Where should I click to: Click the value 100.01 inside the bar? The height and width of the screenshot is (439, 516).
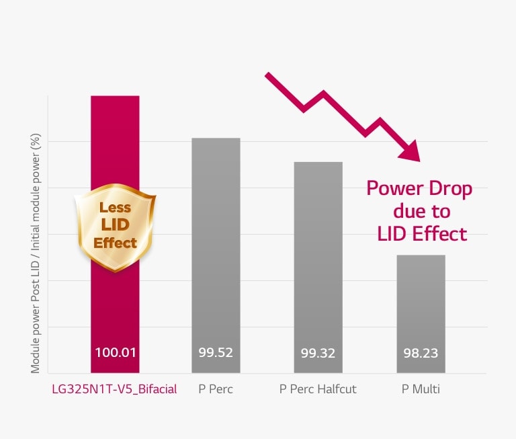click(x=115, y=352)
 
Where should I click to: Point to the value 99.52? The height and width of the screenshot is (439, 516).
click(x=216, y=352)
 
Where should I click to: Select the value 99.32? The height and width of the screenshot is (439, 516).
click(x=318, y=352)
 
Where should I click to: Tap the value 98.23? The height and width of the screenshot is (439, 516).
click(x=421, y=352)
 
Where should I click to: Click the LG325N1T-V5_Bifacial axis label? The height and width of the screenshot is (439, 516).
click(x=115, y=389)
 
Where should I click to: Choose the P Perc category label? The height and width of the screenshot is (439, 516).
click(x=216, y=389)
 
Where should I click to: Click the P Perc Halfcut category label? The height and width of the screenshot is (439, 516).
click(x=318, y=389)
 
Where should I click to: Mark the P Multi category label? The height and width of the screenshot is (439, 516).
click(x=421, y=389)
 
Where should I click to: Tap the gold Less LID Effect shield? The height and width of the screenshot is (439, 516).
click(x=115, y=229)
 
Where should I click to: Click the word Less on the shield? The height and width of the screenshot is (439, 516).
click(x=115, y=208)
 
